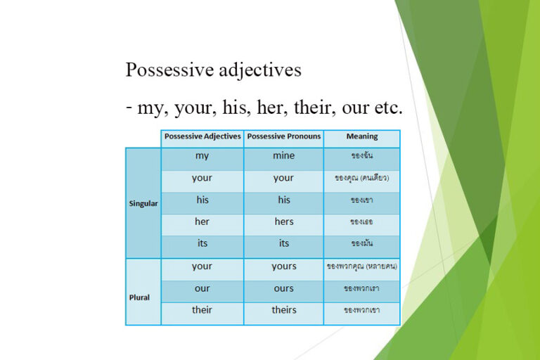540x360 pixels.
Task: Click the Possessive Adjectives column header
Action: point(202,136)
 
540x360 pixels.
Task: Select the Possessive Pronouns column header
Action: point(284,136)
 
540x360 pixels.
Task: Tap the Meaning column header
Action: point(362,136)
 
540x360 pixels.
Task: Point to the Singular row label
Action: point(143,204)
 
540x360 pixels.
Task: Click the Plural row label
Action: point(140,297)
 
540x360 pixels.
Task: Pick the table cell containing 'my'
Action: point(202,156)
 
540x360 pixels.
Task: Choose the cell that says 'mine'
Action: point(284,156)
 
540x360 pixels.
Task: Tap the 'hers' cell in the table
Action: point(284,221)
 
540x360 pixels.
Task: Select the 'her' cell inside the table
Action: point(202,221)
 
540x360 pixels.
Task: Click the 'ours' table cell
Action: point(284,288)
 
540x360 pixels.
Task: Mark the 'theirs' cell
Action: point(284,310)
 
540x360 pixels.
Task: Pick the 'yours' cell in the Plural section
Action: point(284,266)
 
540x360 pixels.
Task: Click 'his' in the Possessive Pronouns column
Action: point(284,200)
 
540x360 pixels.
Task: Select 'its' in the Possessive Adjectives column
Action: point(202,243)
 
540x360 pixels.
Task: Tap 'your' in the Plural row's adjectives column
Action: point(202,266)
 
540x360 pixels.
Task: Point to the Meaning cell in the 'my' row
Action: point(362,156)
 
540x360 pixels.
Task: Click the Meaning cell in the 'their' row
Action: point(362,310)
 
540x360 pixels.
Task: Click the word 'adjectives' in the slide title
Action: point(259,71)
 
